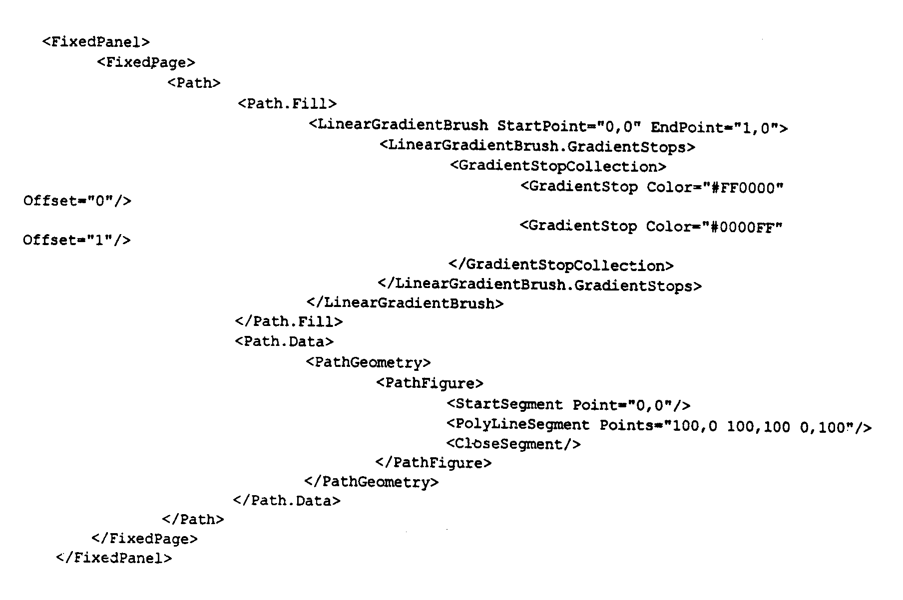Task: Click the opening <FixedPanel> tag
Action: click(96, 41)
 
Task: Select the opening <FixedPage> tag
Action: click(146, 62)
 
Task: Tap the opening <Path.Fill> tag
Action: click(287, 103)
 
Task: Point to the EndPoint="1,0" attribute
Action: click(715, 128)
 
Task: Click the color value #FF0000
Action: click(742, 188)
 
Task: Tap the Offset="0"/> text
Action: click(77, 201)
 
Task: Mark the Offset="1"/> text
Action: click(77, 240)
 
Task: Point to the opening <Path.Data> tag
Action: click(284, 341)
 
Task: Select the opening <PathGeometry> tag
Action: click(368, 362)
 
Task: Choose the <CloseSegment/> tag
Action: click(513, 444)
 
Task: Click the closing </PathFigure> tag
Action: click(434, 463)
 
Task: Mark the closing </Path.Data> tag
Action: click(287, 500)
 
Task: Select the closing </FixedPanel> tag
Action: click(114, 558)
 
